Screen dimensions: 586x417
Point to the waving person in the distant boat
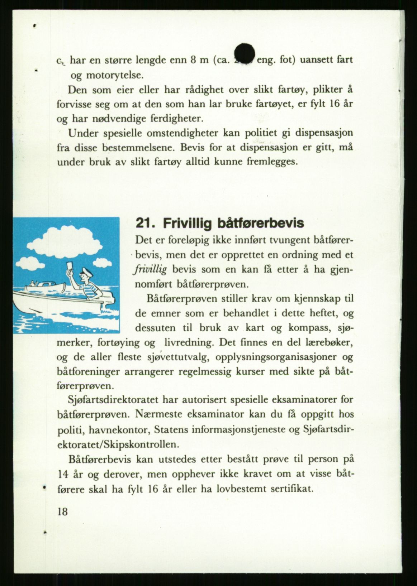(33, 284)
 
